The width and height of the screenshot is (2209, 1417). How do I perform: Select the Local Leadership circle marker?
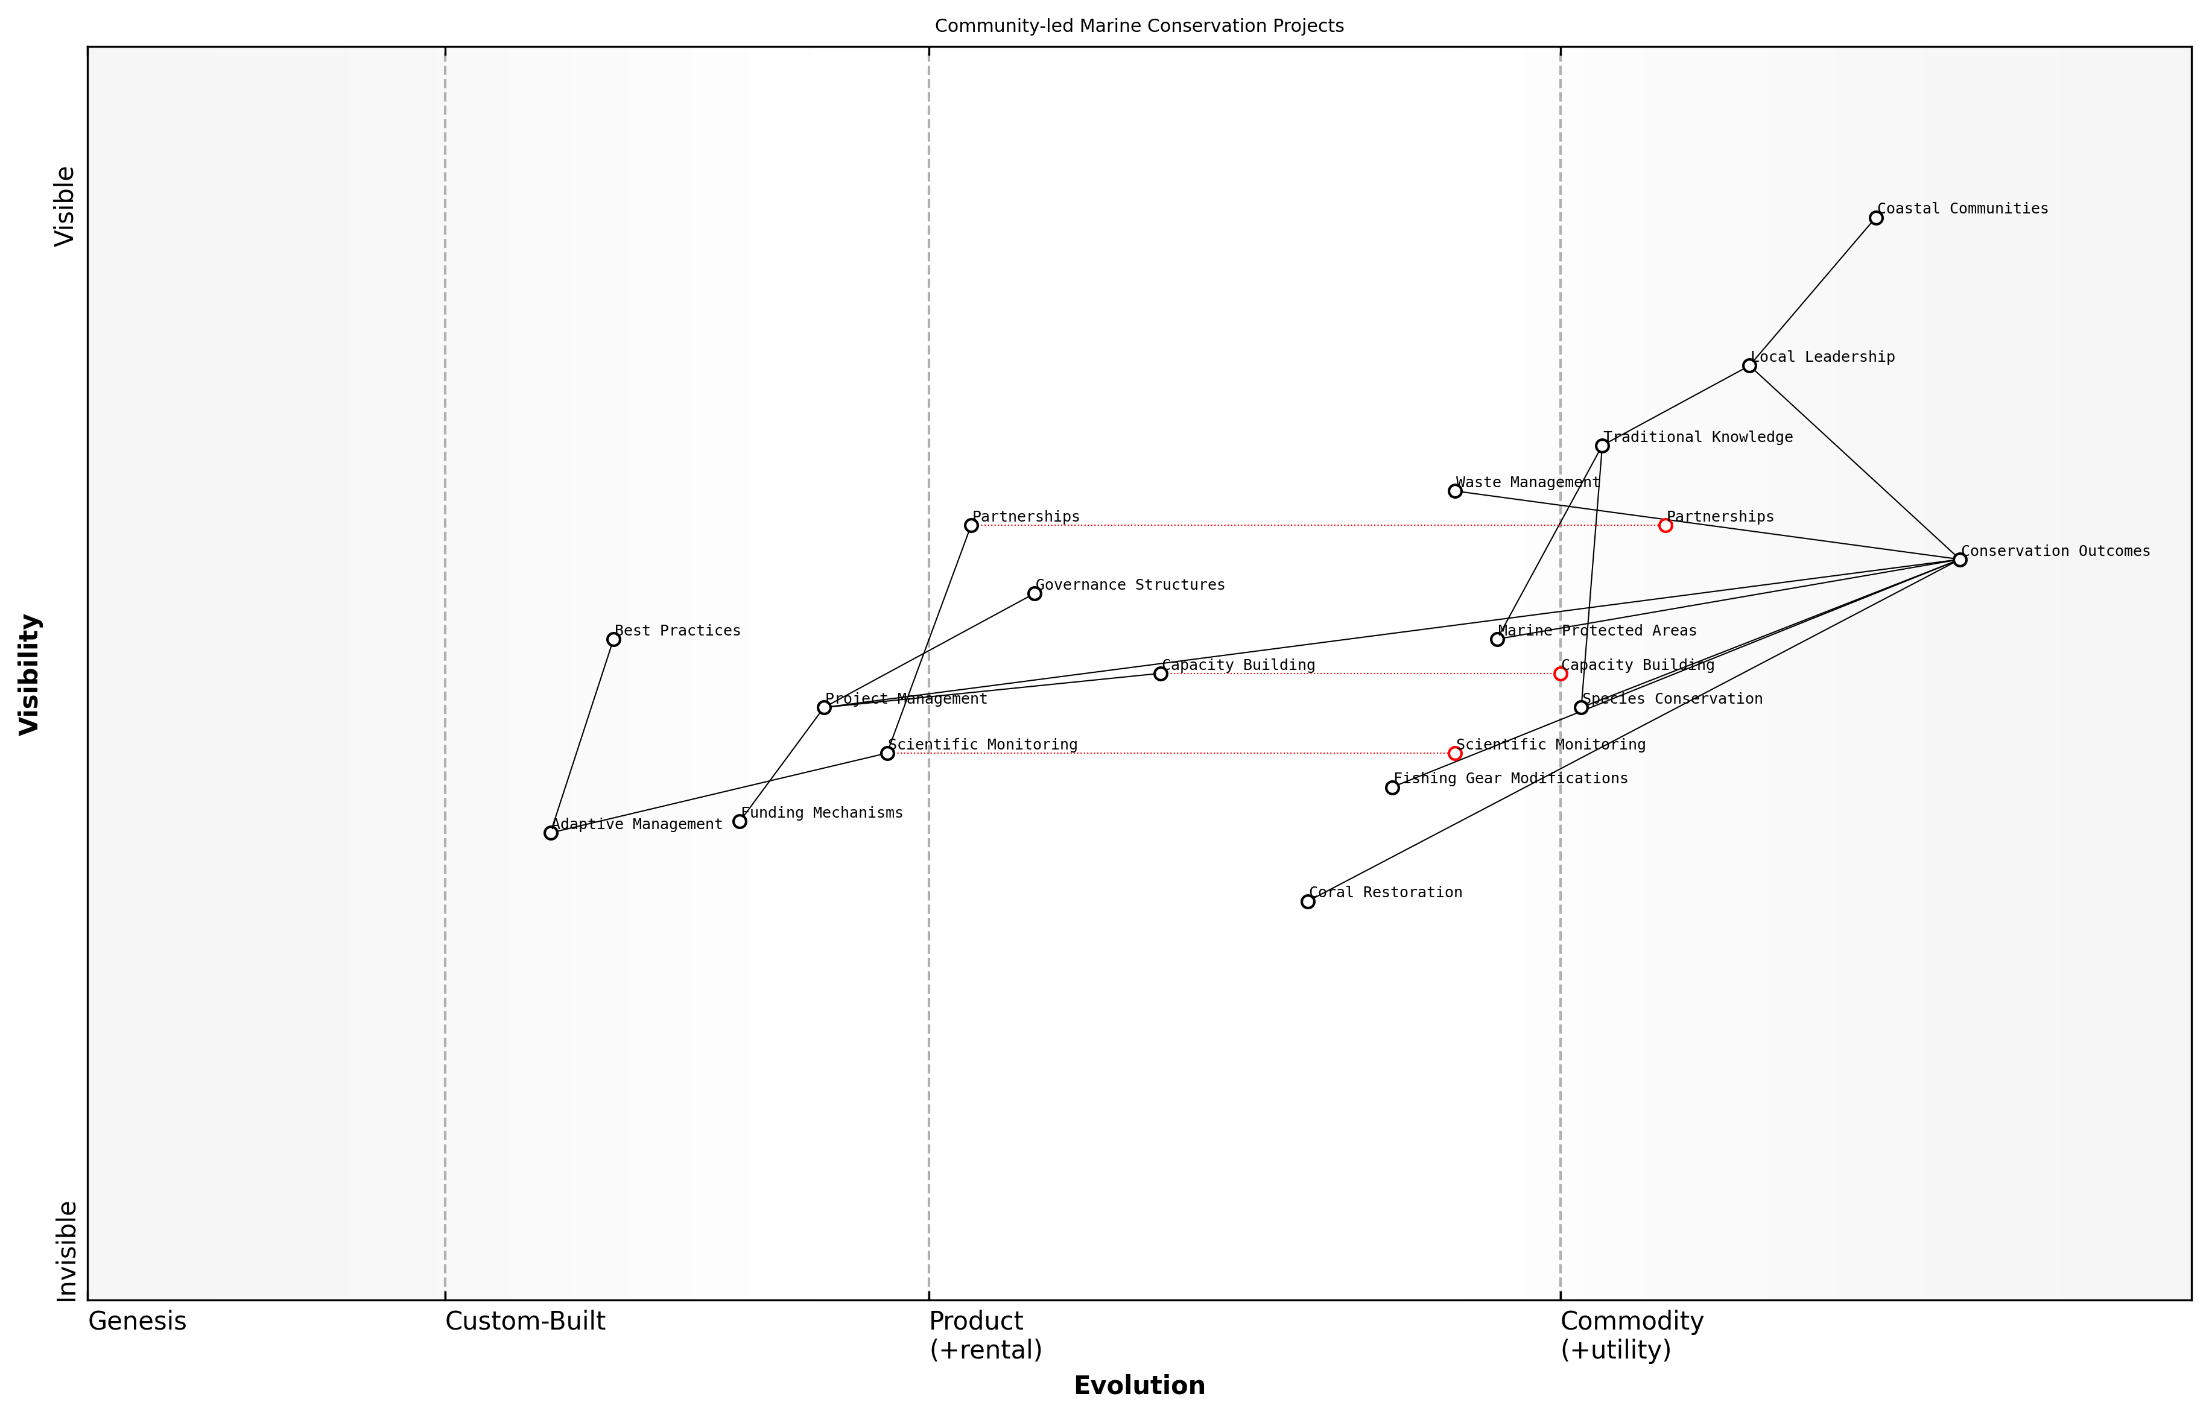pyautogui.click(x=1749, y=366)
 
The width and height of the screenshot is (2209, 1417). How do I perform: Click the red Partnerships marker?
pyautogui.click(x=1665, y=525)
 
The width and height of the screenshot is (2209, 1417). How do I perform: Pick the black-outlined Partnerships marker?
pyautogui.click(x=971, y=525)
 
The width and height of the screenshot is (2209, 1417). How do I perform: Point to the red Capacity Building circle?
pyautogui.click(x=1560, y=674)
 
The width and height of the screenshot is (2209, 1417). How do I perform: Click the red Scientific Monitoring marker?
pyautogui.click(x=1455, y=754)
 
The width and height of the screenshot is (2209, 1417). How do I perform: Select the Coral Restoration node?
pyautogui.click(x=1308, y=901)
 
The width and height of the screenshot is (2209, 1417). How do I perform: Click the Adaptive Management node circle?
pyautogui.click(x=550, y=833)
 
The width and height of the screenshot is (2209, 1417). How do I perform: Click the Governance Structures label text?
pyautogui.click(x=1130, y=585)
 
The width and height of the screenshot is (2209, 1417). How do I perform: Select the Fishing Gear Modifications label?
pyautogui.click(x=1510, y=778)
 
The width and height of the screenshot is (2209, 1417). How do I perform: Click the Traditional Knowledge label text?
pyautogui.click(x=1698, y=437)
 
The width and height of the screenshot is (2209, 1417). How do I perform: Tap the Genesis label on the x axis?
pyautogui.click(x=137, y=1321)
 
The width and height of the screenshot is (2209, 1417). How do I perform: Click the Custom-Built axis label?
pyautogui.click(x=525, y=1321)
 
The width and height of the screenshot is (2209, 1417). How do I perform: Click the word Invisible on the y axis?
pyautogui.click(x=66, y=1251)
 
